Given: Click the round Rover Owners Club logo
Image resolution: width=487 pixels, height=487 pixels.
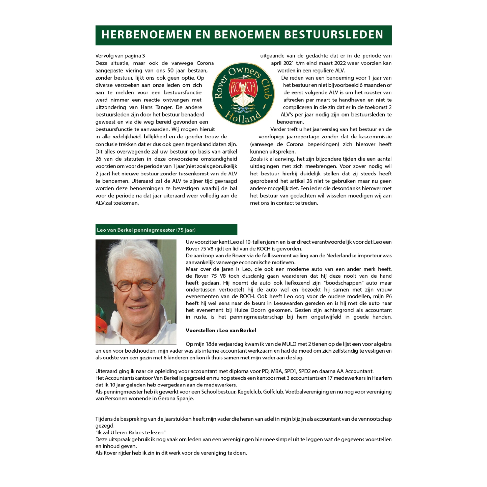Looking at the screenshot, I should click(x=243, y=94).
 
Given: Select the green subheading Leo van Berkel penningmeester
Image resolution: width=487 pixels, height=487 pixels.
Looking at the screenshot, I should click(x=146, y=230).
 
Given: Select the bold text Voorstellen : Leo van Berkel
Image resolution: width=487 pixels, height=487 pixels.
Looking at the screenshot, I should click(x=221, y=330).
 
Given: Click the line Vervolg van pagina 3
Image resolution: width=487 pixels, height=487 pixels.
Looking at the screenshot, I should click(x=120, y=56).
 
